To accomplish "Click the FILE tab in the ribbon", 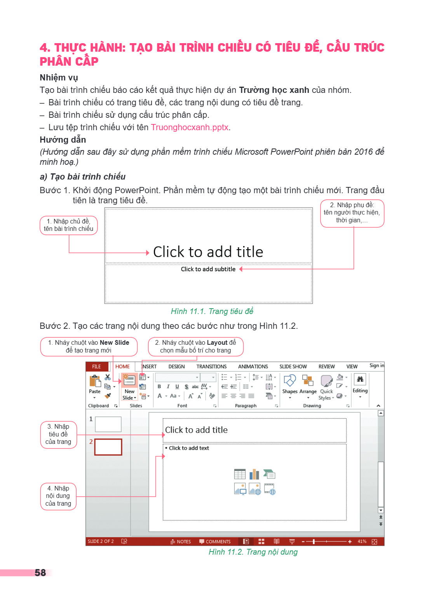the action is tap(96, 367).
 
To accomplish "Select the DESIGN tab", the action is tap(176, 367).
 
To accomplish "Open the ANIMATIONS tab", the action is tap(253, 367).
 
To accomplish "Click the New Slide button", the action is tap(129, 386).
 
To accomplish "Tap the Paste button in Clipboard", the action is tap(94, 387).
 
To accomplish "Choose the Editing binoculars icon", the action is tap(360, 379).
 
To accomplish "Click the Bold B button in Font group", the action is tap(159, 386).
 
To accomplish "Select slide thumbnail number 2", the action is tap(108, 447).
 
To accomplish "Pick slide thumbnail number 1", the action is tap(108, 424).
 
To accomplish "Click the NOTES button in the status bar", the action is tap(181, 541).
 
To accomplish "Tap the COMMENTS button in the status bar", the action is tap(215, 541).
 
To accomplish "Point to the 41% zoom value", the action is tap(362, 541).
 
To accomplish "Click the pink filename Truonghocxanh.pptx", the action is tap(190, 127).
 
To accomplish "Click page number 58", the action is tap(40, 573).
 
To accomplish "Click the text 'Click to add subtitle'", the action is tap(208, 269).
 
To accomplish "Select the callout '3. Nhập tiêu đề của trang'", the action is tap(58, 434).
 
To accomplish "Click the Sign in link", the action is tap(377, 365).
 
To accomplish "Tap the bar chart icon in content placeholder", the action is tap(254, 475).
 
